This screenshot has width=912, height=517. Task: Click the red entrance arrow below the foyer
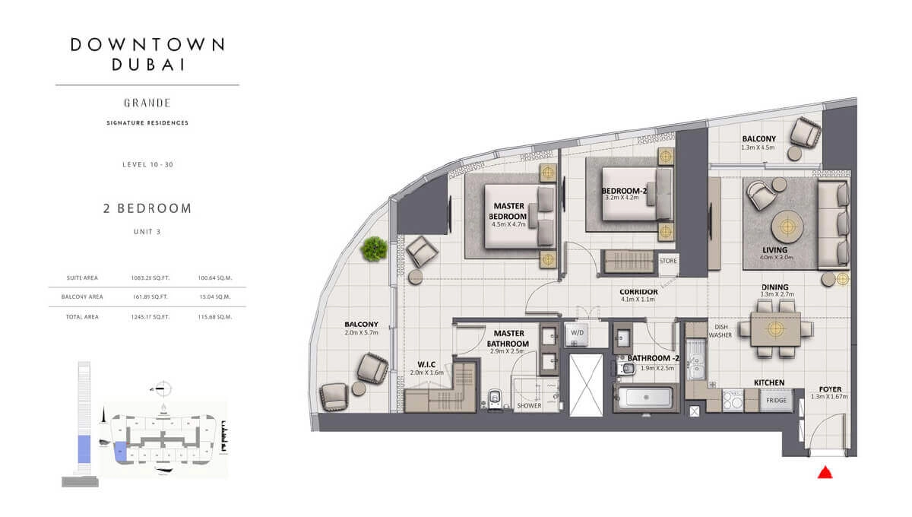click(x=823, y=473)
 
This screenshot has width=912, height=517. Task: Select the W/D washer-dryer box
click(x=578, y=333)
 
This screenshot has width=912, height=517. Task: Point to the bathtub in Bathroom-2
click(x=642, y=398)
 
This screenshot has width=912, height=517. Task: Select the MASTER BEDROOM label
click(x=509, y=211)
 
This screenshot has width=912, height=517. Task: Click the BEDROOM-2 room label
click(x=624, y=191)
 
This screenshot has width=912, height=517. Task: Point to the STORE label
click(x=668, y=261)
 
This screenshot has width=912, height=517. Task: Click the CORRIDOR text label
click(x=638, y=291)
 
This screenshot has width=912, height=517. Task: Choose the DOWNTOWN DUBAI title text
click(x=147, y=54)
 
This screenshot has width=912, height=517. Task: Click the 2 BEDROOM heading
click(x=147, y=208)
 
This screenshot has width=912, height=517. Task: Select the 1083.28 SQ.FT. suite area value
click(x=147, y=278)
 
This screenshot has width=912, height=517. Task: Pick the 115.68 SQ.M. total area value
click(x=214, y=316)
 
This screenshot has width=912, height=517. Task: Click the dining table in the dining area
click(x=775, y=328)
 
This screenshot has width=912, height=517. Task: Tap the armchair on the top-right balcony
click(x=805, y=134)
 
